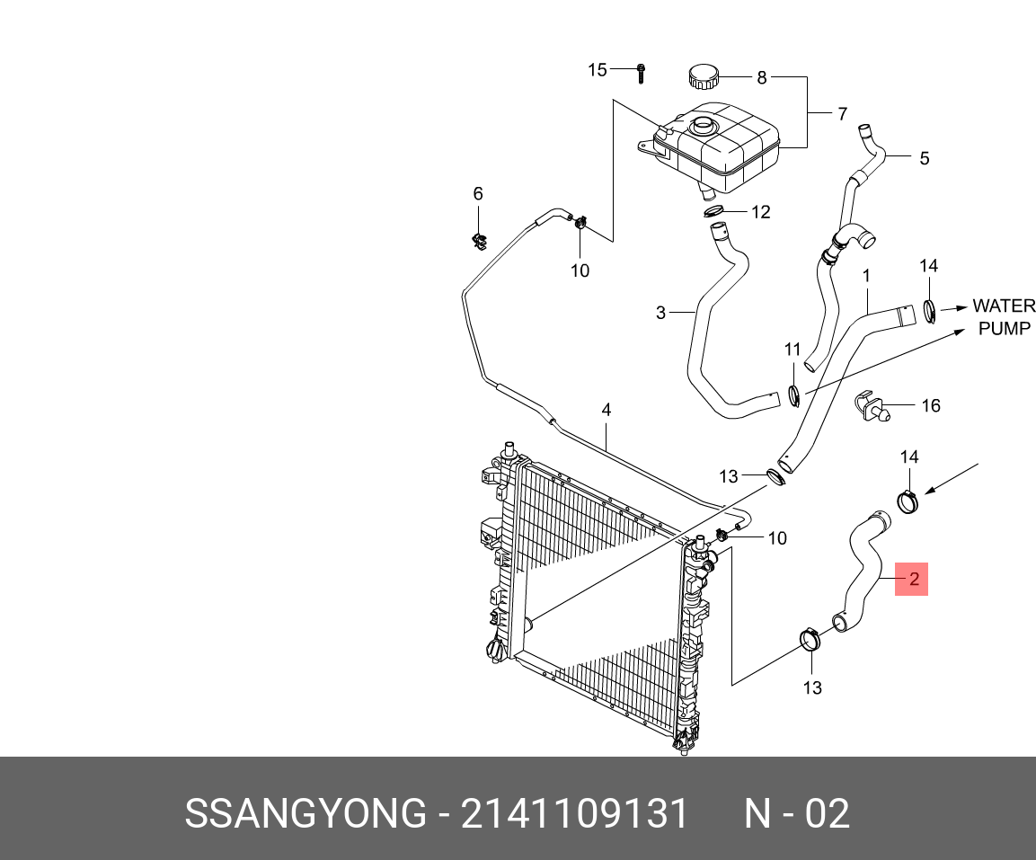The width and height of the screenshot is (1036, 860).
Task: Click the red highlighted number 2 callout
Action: (x=913, y=580)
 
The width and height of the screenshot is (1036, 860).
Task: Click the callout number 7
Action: (x=842, y=114)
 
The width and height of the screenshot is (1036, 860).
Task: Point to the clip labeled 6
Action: (x=479, y=239)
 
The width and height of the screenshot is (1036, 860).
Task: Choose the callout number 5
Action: (x=924, y=159)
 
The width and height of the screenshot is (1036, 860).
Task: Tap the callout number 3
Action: (x=660, y=313)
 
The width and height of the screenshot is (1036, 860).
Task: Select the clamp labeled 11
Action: (x=793, y=395)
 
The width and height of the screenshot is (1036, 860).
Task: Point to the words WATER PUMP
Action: (x=1004, y=317)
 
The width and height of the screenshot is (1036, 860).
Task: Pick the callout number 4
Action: (x=607, y=410)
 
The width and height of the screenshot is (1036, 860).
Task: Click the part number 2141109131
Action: (x=574, y=813)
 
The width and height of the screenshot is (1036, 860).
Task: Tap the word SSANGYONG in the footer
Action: (x=305, y=813)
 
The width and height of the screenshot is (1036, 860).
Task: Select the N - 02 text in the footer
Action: (x=796, y=813)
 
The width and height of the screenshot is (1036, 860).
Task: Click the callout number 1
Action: (x=866, y=276)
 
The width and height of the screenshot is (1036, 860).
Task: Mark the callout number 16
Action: (x=931, y=406)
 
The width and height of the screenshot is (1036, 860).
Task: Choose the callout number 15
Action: (x=598, y=70)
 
